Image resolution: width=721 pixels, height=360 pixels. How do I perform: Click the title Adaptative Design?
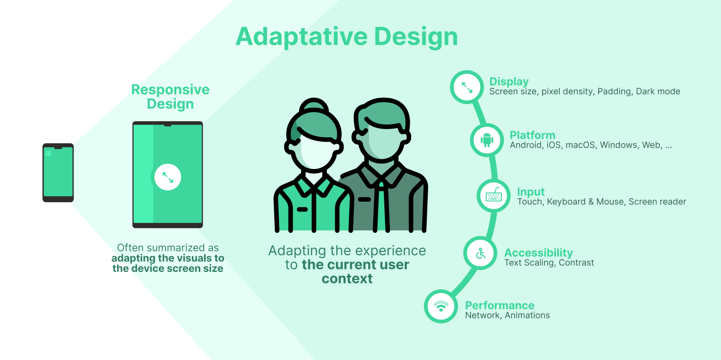346,37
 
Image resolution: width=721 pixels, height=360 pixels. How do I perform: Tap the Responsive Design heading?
170,96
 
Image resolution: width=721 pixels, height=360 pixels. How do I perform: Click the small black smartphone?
58,172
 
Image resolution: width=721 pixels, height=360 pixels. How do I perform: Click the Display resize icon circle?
467,87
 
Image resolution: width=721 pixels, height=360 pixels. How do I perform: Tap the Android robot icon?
487,140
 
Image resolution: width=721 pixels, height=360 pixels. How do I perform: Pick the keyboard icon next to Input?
493,196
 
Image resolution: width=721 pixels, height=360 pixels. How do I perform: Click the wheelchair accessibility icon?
481,253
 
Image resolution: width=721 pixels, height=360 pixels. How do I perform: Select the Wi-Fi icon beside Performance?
441,306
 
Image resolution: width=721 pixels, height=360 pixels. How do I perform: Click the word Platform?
532,135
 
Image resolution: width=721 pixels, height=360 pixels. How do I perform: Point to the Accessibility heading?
538,253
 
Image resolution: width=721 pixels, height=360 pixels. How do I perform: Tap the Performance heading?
499,305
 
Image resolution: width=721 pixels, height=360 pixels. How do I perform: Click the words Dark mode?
658,92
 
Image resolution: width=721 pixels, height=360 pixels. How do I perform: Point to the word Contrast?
576,263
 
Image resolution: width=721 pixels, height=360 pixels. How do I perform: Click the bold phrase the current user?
356,265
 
